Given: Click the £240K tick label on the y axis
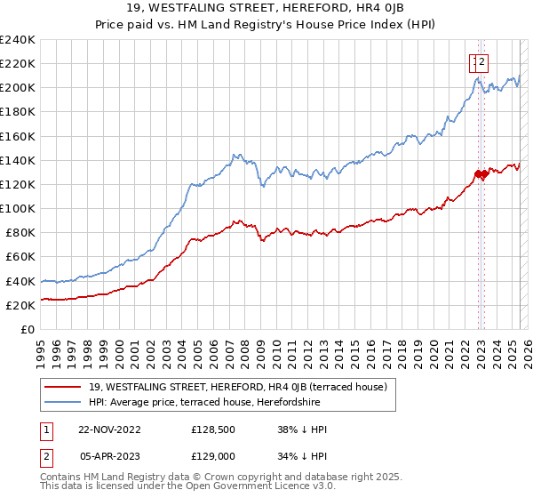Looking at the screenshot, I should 18,40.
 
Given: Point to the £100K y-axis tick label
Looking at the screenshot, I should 18,208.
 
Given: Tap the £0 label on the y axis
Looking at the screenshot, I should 28,329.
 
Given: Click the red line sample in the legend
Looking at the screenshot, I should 62,387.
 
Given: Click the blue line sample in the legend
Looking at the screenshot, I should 62,402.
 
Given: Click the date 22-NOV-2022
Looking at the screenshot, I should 110,430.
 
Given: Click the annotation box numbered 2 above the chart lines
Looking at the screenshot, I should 481,62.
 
